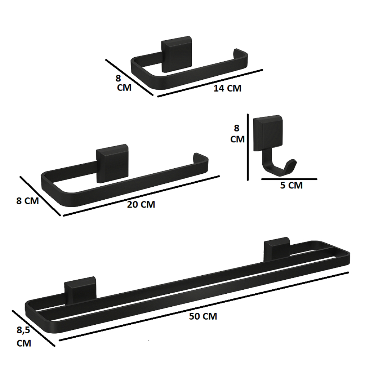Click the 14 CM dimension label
[x=227, y=88]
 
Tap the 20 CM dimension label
[x=141, y=205]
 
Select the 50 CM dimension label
[x=203, y=316]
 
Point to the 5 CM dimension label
[x=291, y=186]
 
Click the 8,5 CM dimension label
[x=23, y=337]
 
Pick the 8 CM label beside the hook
[x=237, y=134]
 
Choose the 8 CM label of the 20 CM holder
[x=27, y=201]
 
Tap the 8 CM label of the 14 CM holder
[x=124, y=83]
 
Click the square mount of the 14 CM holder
[x=177, y=54]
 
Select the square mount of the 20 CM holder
[x=112, y=163]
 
